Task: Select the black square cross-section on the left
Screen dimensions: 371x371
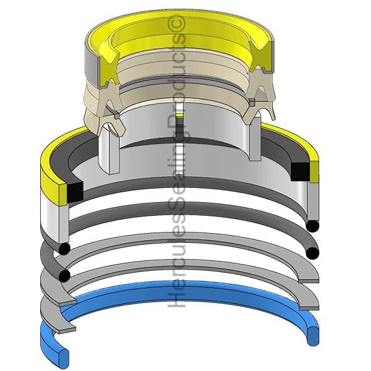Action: [x=75, y=192]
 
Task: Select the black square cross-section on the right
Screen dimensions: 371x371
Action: [x=300, y=171]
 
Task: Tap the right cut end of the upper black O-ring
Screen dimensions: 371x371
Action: [x=312, y=226]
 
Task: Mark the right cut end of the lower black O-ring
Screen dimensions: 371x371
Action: [x=312, y=254]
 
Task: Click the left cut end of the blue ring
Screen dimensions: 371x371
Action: [x=63, y=354]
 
